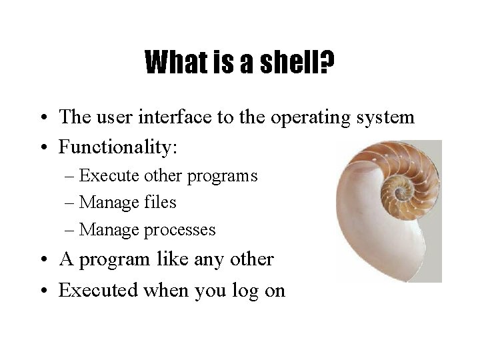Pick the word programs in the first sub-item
(x=224, y=177)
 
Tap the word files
(x=159, y=202)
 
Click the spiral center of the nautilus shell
(x=400, y=193)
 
